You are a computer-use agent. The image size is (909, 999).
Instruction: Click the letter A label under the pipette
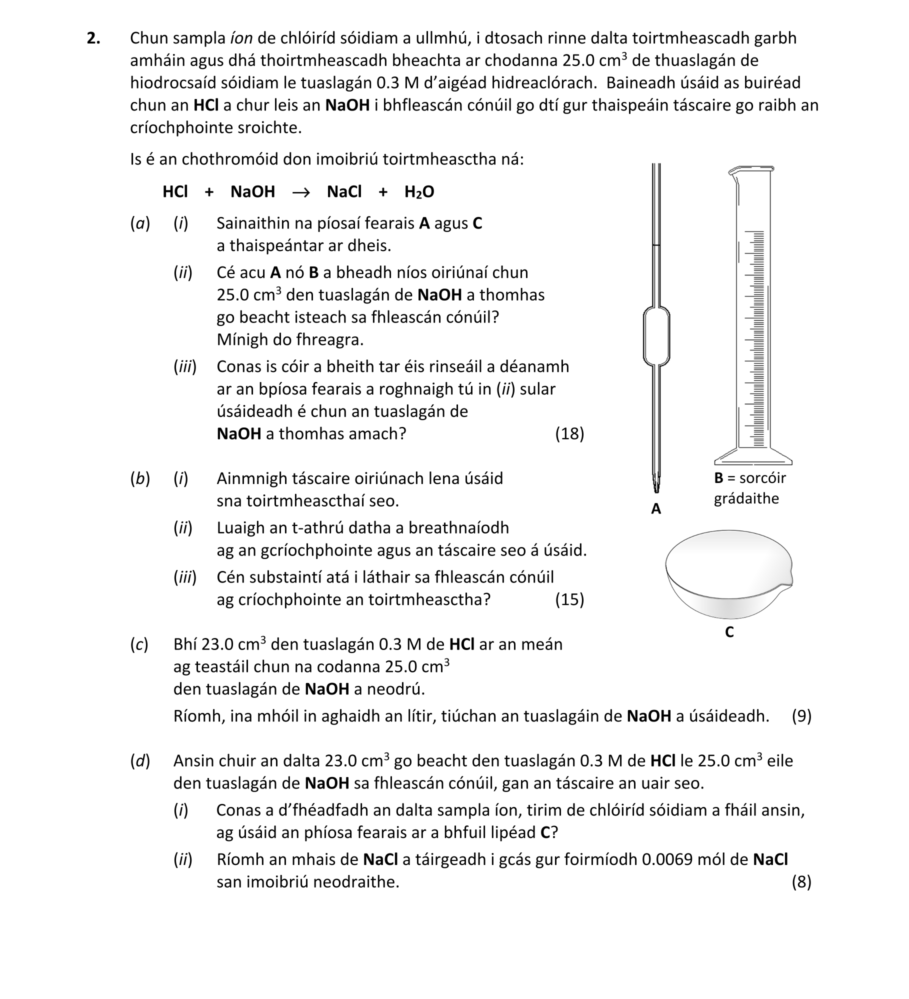pyautogui.click(x=656, y=509)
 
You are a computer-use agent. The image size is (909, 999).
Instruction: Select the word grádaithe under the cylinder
pyautogui.click(x=746, y=498)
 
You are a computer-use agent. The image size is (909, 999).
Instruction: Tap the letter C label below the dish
pyautogui.click(x=729, y=632)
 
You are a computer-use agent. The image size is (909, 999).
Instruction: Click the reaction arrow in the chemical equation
pyautogui.click(x=300, y=192)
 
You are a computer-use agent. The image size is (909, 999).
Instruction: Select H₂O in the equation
pyautogui.click(x=419, y=192)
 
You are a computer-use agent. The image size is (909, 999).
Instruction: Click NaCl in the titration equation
pyautogui.click(x=344, y=192)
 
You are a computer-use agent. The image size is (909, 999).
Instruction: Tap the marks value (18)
pyautogui.click(x=569, y=434)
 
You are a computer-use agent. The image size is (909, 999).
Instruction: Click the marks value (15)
pyautogui.click(x=569, y=599)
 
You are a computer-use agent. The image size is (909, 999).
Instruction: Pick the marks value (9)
pyautogui.click(x=801, y=716)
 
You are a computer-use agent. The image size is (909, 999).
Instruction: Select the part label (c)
pyautogui.click(x=139, y=645)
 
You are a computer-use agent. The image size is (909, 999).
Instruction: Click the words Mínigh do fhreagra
pyautogui.click(x=290, y=340)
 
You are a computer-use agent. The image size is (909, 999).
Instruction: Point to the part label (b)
pyautogui.click(x=139, y=479)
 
